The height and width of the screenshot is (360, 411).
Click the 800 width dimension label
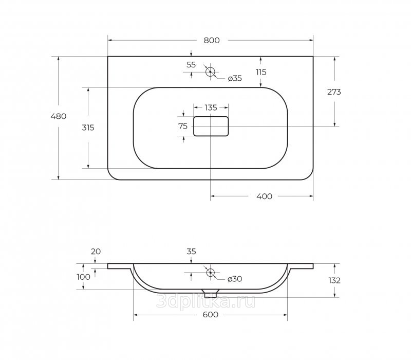coord(212,41)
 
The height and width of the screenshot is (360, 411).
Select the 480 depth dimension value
coord(59,116)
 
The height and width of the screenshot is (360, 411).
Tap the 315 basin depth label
coord(88,128)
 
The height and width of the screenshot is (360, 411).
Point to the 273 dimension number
coord(334,92)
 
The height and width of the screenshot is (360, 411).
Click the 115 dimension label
coord(261,72)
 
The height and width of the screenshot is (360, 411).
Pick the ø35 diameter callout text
coord(235,79)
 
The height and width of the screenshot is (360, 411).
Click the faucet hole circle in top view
coord(210,71)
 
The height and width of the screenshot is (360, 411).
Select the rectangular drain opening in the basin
coord(211,127)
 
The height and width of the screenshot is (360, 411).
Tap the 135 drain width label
coord(211,107)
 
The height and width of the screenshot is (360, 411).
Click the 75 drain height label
coord(183,127)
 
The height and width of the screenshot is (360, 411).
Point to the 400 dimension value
coord(264,196)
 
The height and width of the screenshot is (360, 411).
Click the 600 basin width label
coord(211,315)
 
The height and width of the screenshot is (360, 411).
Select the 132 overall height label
coord(334,281)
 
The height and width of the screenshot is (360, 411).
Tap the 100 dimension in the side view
coord(84,277)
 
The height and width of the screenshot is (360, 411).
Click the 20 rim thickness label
coord(96,251)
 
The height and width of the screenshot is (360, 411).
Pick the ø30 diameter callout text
coord(235,279)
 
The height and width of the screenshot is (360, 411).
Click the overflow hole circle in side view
coord(210,273)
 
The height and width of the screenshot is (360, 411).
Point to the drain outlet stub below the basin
coord(210,294)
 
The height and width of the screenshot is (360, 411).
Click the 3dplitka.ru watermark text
coord(206,301)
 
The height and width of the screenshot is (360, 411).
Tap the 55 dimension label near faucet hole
coord(191,65)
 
